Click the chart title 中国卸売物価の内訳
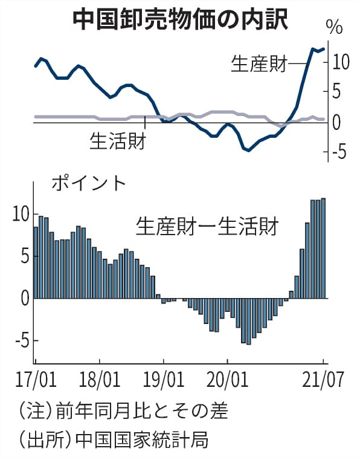tap(180, 20)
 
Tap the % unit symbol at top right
tap(334, 27)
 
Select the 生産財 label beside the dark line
tap(259, 63)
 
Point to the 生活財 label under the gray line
tap(118, 141)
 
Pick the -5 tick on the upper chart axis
tap(338, 152)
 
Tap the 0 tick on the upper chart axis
tap(336, 122)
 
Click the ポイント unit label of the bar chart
tap(89, 183)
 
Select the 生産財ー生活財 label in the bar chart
tap(207, 226)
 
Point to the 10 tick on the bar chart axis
tap(21, 214)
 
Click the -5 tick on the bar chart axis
tap(22, 340)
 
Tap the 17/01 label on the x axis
tap(36, 379)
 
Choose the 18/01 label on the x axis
tap(100, 379)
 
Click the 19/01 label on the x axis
tap(164, 379)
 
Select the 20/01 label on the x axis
tap(227, 379)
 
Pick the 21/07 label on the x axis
tap(323, 379)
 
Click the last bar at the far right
tap(323, 248)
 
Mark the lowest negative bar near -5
tap(248, 322)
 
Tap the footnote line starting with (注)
tap(123, 410)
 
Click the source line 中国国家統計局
tap(142, 439)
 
